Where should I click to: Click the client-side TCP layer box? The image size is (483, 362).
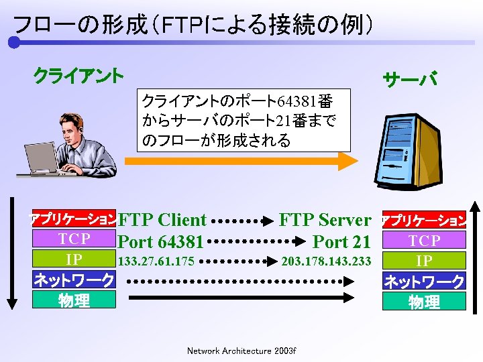74,239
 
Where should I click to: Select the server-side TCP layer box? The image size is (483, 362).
424,241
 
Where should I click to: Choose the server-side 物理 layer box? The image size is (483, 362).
424,302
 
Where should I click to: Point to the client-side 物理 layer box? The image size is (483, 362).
74,301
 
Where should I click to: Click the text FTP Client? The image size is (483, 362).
162,220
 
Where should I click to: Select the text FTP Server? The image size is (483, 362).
325,220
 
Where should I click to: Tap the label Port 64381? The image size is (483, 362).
161,241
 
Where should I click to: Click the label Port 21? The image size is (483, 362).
341,241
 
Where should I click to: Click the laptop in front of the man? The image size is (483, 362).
42,160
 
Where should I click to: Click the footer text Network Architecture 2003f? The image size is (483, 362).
241,351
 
